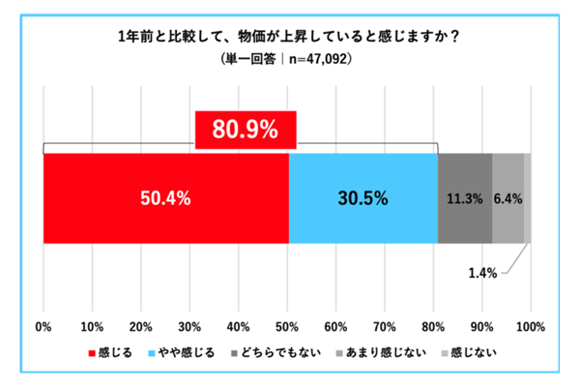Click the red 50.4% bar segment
pyautogui.click(x=166, y=198)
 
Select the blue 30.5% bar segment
pyautogui.click(x=362, y=198)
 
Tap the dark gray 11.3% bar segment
pyautogui.click(x=465, y=198)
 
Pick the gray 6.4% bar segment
pyautogui.click(x=508, y=198)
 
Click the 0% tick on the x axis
pyautogui.click(x=43, y=324)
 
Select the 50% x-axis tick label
pyautogui.click(x=288, y=324)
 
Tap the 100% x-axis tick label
pyautogui.click(x=530, y=324)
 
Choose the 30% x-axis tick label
pyautogui.click(x=190, y=324)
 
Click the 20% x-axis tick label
pyautogui.click(x=141, y=324)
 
